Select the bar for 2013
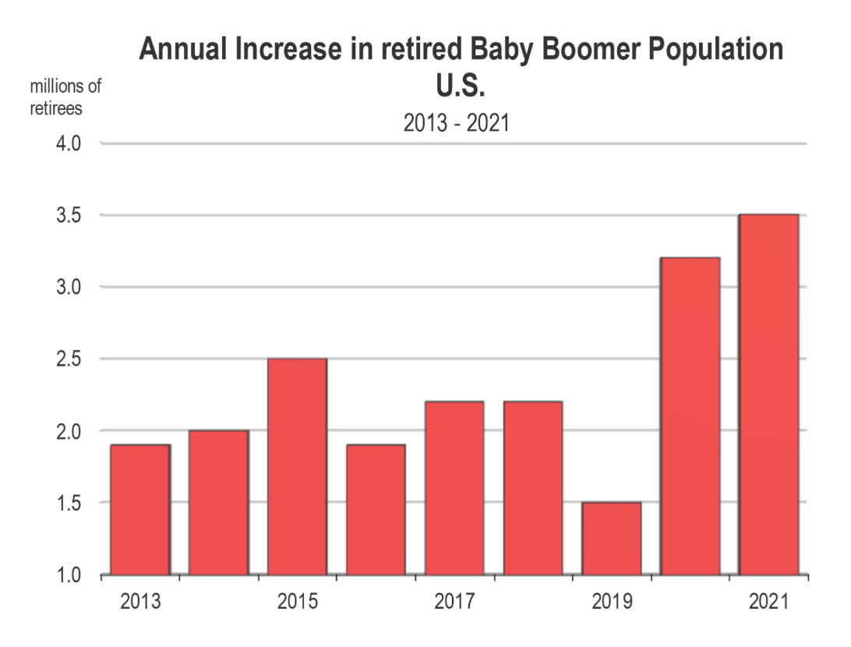[140, 510]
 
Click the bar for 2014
[219, 503]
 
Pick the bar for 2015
[297, 467]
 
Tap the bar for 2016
[376, 510]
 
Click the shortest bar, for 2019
[612, 539]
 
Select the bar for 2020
[690, 416]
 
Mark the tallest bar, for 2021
[768, 394]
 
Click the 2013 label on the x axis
[140, 603]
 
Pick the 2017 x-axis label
[454, 603]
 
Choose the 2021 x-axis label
[768, 603]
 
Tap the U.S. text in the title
[461, 86]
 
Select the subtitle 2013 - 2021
[456, 123]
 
